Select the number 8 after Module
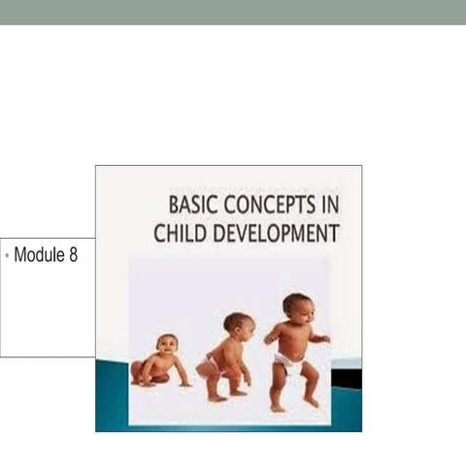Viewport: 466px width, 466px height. coord(73,256)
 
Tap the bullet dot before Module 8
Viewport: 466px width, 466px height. coord(7,256)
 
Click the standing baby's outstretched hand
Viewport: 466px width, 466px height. coord(324,339)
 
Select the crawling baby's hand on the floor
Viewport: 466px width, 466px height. coord(184,383)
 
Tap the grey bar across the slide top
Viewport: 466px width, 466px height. coord(233,12)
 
